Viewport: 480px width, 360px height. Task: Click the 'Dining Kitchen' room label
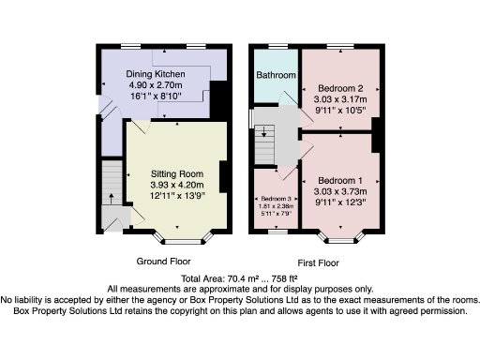(157, 73)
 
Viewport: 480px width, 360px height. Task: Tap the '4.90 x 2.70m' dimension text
(157, 84)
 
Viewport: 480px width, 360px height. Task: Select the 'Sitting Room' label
(178, 173)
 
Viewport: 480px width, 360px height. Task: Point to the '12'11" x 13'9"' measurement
(178, 196)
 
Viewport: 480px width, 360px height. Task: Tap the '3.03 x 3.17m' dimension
(339, 98)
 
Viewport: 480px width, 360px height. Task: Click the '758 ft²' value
(281, 278)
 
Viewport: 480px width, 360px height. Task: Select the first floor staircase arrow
(264, 131)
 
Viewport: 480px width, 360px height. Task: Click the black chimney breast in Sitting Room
(224, 178)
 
